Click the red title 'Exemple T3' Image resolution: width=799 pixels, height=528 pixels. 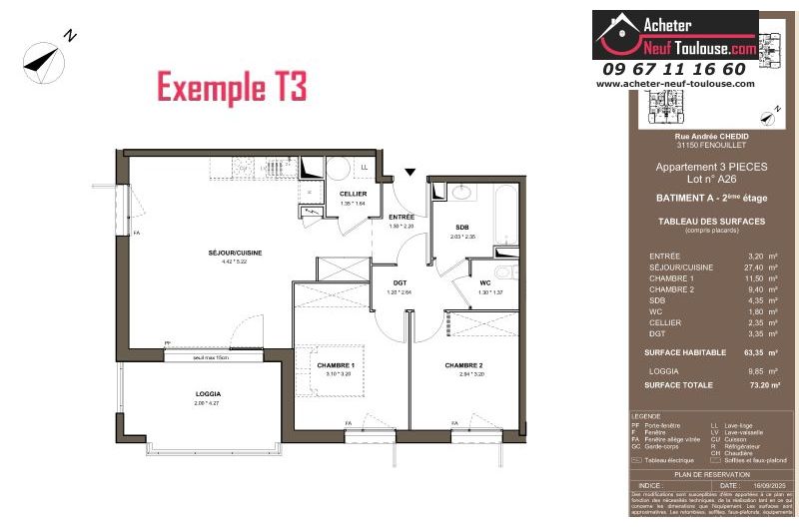pos(232,88)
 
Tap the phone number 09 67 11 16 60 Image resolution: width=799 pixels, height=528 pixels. pos(673,69)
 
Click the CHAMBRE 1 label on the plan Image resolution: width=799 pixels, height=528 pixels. pos(337,365)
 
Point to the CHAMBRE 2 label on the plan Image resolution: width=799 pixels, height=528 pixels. pos(463,365)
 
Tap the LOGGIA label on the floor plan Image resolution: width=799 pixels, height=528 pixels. pos(208,393)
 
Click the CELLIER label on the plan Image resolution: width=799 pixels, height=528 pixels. pos(353,194)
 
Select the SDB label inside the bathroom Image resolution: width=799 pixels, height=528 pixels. pos(461,227)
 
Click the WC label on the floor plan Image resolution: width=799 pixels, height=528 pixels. pos(485,281)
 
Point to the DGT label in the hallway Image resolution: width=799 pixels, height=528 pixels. pos(399,282)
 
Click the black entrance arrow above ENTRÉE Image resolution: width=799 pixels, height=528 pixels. pos(407,173)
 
